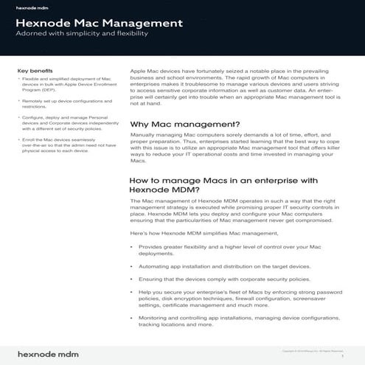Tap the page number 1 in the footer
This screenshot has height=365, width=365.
click(x=343, y=355)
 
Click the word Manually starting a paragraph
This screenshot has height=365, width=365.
click(x=145, y=136)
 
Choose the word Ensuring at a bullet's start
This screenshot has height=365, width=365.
click(x=152, y=279)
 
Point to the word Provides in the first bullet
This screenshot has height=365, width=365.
click(x=152, y=248)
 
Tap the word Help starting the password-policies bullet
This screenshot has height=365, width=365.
click(x=145, y=293)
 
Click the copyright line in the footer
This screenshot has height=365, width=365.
click(x=313, y=350)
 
